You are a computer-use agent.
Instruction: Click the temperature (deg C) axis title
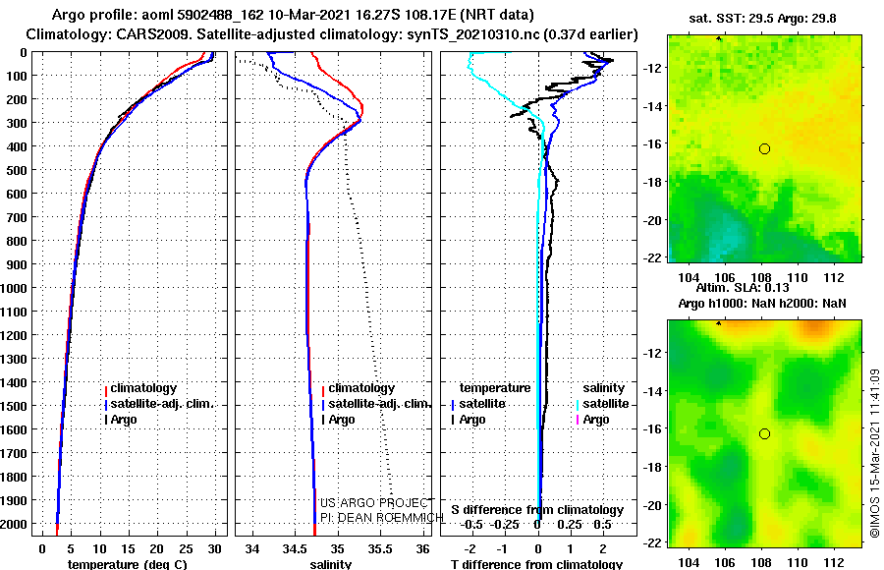tap(127, 564)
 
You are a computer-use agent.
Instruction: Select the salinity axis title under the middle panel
tap(331, 564)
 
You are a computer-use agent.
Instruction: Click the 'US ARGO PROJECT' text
tap(374, 503)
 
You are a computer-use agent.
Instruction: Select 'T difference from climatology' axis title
tap(536, 564)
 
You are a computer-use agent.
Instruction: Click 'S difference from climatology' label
tap(536, 510)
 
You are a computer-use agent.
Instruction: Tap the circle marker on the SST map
tap(764, 148)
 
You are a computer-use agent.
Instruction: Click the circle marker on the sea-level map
tap(764, 433)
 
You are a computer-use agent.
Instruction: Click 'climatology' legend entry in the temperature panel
tap(143, 388)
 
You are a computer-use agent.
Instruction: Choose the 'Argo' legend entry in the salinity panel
tap(342, 420)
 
